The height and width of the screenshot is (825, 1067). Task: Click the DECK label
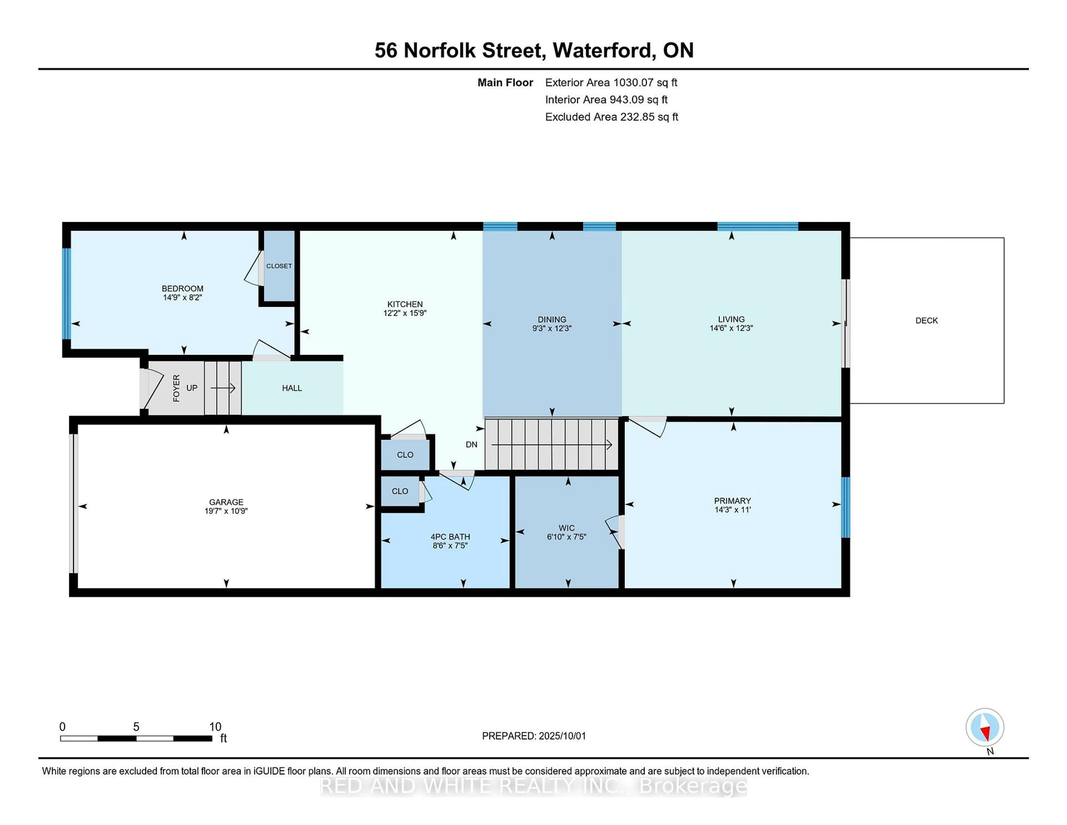click(x=926, y=320)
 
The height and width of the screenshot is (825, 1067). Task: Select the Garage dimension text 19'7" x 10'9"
click(x=226, y=511)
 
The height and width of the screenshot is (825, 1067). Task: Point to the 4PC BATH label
click(x=450, y=537)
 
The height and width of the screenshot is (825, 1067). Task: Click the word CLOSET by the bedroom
click(x=279, y=266)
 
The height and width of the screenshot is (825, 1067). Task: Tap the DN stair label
click(x=472, y=444)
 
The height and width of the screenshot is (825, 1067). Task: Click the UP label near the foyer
click(x=191, y=387)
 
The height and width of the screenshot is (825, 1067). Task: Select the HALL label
click(x=292, y=388)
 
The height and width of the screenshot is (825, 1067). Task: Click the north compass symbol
click(x=984, y=727)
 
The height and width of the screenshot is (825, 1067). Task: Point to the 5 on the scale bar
click(x=136, y=727)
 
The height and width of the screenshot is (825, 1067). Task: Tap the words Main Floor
click(x=505, y=83)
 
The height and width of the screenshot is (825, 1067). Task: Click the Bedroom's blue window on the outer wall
click(x=66, y=293)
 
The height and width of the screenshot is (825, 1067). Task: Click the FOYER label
click(x=176, y=388)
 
